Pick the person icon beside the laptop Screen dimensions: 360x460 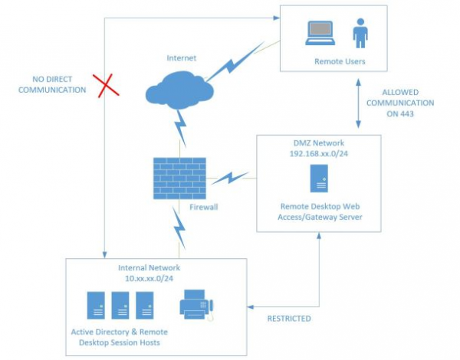click(x=360, y=33)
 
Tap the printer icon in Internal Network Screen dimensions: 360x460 click(x=196, y=306)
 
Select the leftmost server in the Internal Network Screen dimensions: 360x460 click(x=96, y=306)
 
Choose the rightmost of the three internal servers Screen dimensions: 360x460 click(x=144, y=306)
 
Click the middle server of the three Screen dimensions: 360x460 click(x=120, y=306)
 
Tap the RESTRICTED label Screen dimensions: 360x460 click(x=287, y=318)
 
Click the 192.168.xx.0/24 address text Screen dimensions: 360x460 click(x=318, y=154)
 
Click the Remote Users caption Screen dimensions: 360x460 click(x=340, y=61)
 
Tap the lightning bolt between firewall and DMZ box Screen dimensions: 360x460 click(x=231, y=180)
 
